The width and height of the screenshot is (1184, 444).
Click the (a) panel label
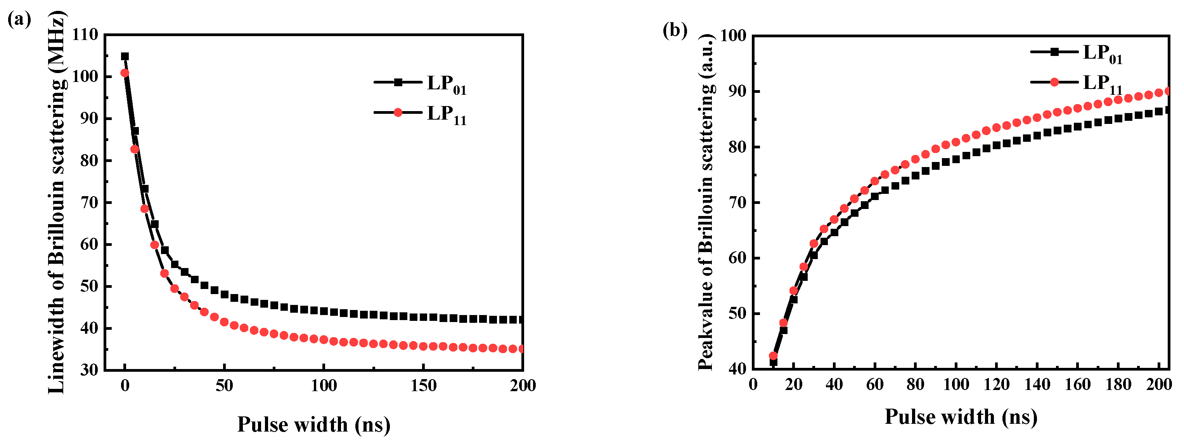click(x=19, y=20)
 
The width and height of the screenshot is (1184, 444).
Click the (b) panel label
click(x=675, y=30)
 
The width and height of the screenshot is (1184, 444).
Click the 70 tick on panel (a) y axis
click(x=89, y=202)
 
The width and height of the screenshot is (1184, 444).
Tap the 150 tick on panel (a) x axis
click(x=423, y=386)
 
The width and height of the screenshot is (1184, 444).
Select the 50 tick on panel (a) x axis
click(x=224, y=386)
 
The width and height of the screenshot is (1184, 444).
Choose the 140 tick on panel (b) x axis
click(x=1037, y=384)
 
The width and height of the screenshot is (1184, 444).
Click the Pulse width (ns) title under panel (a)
click(x=313, y=424)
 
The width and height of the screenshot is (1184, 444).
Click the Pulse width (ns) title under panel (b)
click(x=961, y=417)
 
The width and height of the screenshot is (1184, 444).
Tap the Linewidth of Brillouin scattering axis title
click(x=57, y=202)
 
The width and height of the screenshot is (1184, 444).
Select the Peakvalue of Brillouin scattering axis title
click(x=706, y=202)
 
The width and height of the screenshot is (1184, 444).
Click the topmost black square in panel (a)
click(x=125, y=56)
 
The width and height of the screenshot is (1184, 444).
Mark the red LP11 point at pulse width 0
click(x=125, y=73)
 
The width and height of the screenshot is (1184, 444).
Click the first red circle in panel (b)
click(x=773, y=356)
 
